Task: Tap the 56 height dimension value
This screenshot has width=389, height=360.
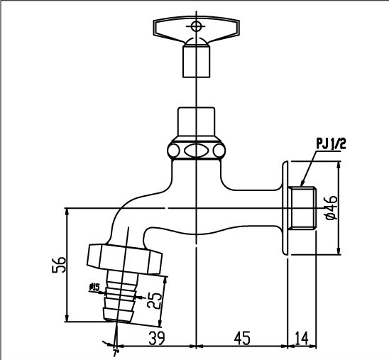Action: pos(61,265)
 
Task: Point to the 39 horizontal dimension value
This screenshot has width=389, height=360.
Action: pos(157,340)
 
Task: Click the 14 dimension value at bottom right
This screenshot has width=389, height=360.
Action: pos(302,340)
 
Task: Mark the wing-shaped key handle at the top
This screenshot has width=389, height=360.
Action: pos(194,27)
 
